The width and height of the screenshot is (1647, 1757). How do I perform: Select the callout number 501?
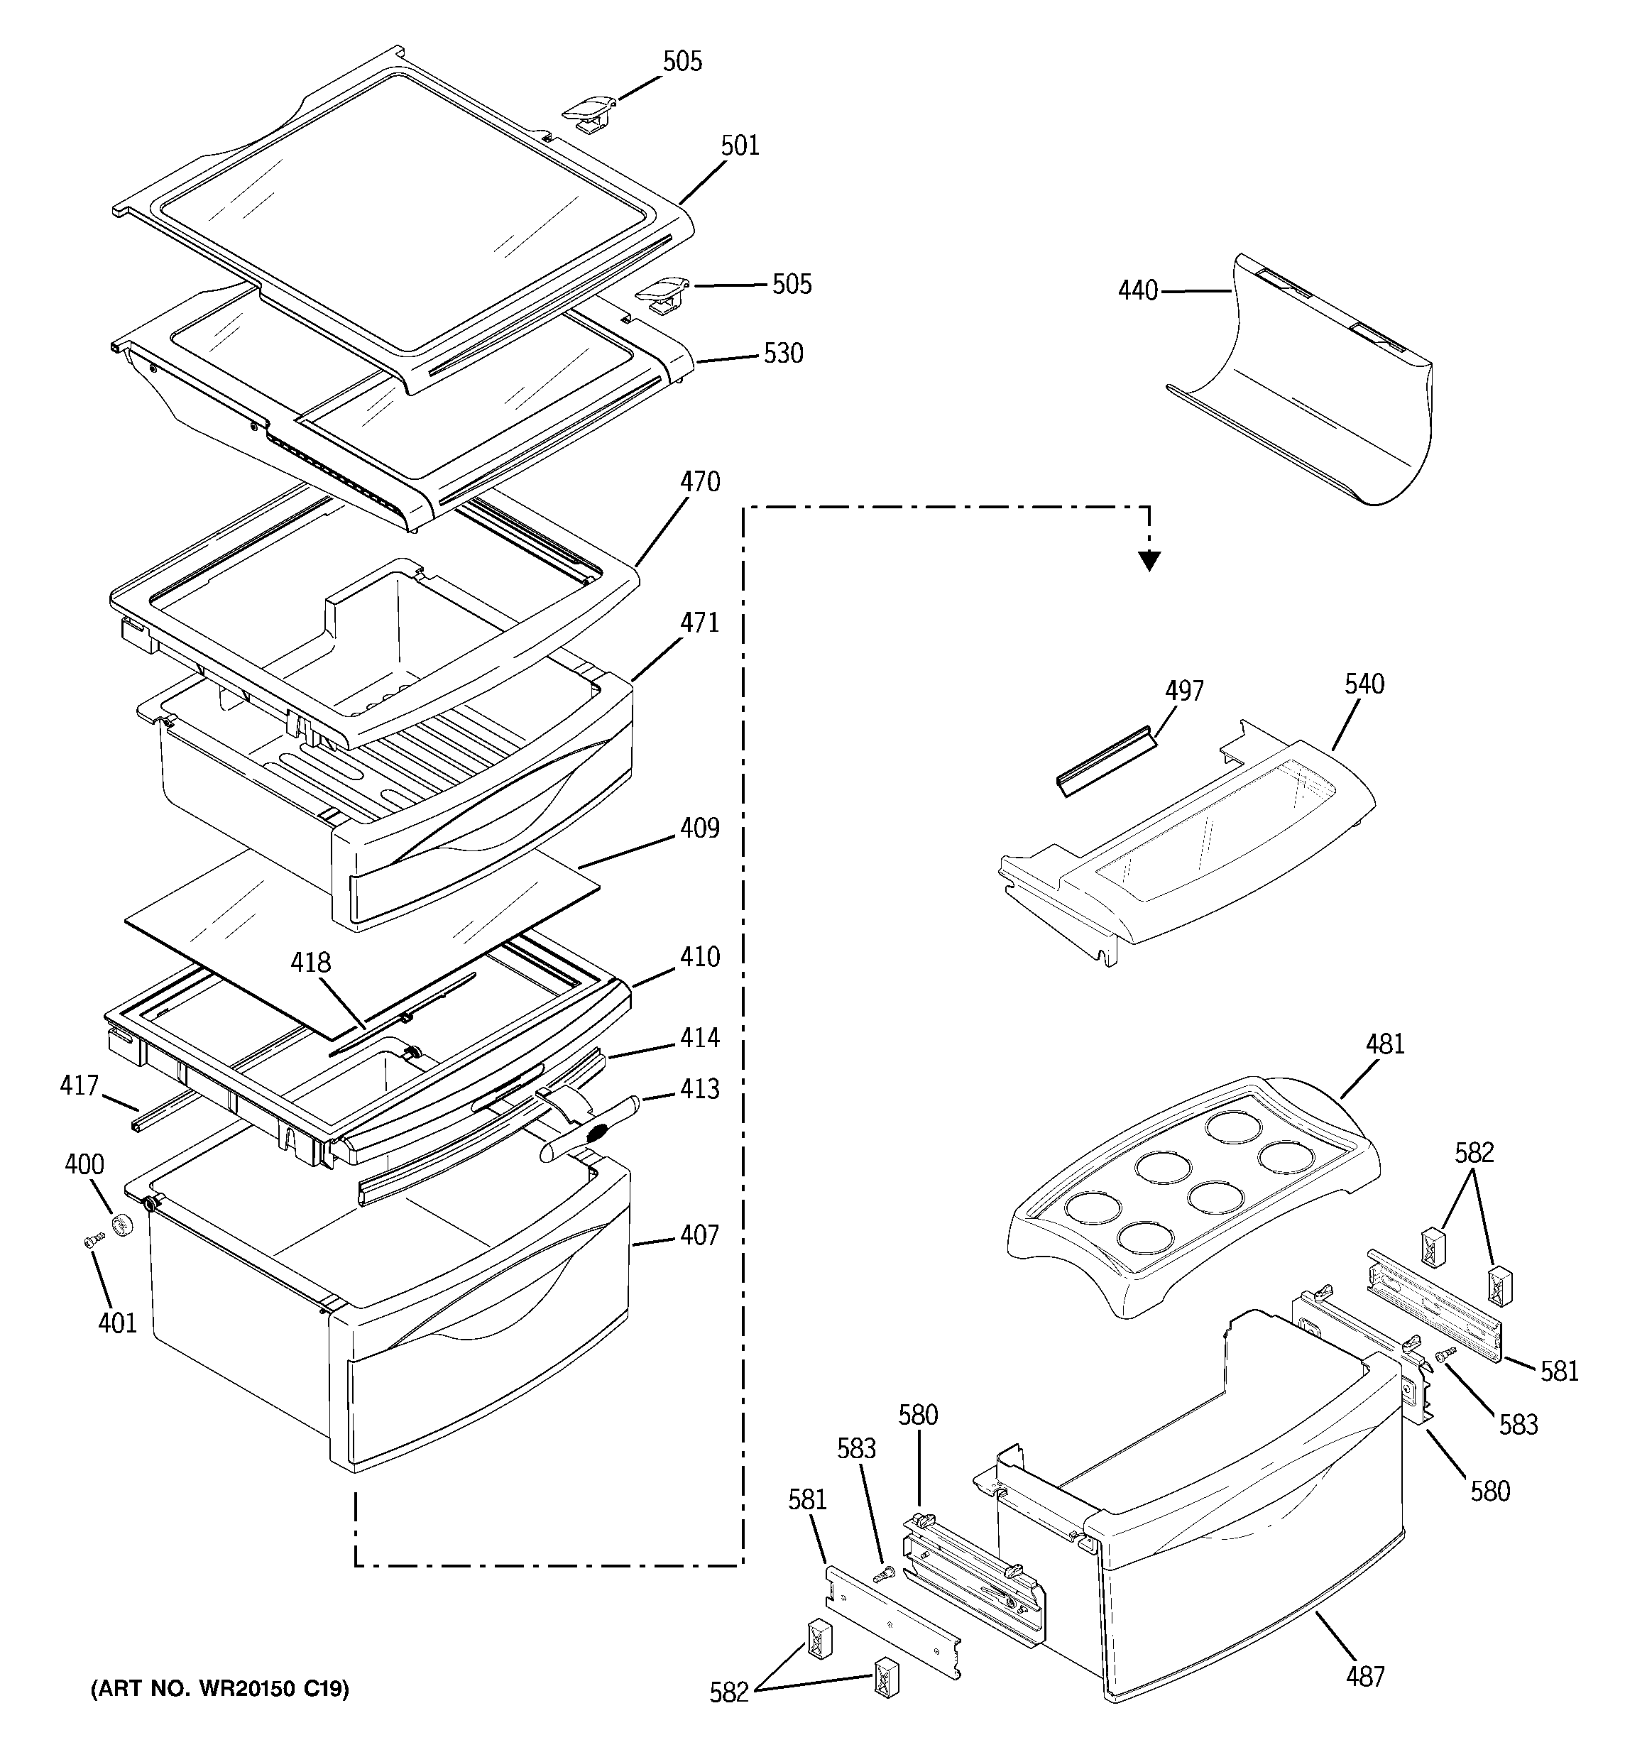[740, 146]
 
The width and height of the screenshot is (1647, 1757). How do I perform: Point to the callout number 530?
[783, 354]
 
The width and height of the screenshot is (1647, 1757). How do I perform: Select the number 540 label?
[1364, 684]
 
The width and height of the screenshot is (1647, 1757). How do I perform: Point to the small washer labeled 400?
[122, 1226]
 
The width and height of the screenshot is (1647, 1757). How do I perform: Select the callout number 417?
[79, 1085]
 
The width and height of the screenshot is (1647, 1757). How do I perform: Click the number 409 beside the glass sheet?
[699, 829]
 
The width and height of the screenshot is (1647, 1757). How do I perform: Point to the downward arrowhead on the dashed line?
[1149, 560]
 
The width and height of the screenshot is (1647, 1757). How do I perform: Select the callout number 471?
[699, 623]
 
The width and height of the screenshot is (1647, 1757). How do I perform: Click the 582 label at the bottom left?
[728, 1692]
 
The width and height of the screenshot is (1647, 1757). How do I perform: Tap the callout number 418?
[310, 963]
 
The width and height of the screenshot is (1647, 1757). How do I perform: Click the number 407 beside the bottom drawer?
[699, 1235]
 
